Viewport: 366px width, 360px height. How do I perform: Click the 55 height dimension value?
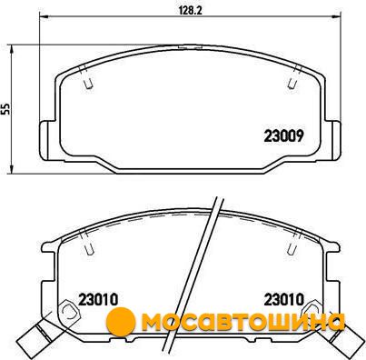point(5,108)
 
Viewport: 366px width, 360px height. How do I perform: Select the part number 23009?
point(283,136)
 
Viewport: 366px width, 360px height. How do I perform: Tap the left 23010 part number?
point(98,300)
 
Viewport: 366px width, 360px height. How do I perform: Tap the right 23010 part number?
point(283,300)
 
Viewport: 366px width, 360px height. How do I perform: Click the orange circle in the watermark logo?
point(121,321)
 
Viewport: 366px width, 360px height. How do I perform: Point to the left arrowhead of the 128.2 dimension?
point(43,16)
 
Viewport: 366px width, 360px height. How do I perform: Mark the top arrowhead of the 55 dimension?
point(12,48)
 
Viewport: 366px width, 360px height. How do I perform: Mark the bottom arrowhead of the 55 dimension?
point(12,169)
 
